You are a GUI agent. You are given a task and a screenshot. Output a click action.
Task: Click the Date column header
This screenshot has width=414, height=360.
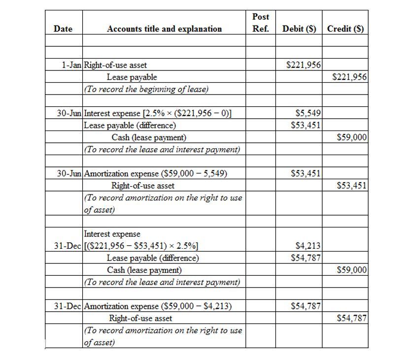pos(63,29)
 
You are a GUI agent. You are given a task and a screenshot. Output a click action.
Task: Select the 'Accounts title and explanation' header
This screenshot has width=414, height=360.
pos(164,29)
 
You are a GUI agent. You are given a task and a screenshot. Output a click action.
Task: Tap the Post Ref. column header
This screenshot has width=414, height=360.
pos(260,23)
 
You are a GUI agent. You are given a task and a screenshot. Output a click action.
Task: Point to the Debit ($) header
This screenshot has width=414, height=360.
pos(299,29)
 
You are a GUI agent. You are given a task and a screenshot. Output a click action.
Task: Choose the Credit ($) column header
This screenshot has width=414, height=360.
pos(345,29)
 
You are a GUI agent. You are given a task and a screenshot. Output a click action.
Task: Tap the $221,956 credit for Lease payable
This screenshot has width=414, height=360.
pos(349,77)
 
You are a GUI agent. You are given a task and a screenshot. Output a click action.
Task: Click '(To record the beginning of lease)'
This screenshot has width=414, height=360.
pos(146,89)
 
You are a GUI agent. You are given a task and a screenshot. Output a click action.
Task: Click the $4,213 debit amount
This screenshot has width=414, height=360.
pos(308,246)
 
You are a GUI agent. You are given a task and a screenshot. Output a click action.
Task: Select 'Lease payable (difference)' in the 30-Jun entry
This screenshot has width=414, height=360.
pos(130,125)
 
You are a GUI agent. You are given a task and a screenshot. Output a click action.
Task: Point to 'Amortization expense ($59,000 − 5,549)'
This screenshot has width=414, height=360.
pos(156,173)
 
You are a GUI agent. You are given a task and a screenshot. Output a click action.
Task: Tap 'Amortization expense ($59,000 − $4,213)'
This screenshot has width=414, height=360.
pos(158,306)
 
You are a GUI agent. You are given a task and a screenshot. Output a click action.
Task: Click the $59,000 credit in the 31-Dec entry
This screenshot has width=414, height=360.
pos(351,270)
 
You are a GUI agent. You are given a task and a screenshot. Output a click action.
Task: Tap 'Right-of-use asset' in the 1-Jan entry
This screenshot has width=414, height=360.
pos(115,65)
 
